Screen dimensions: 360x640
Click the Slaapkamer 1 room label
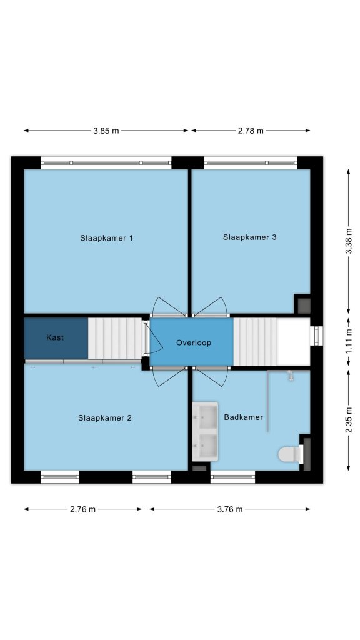106,238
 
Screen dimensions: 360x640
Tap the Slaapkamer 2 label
105,418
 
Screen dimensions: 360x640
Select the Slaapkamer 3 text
250,237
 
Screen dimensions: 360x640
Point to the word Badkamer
244,417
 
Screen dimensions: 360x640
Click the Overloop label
194,343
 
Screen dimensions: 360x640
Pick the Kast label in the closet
55,337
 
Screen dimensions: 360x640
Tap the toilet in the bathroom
291,454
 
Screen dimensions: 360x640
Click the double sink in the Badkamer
205,431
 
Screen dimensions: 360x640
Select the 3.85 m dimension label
106,131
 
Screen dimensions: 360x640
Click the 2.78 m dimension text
251,131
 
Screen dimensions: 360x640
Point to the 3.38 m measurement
349,241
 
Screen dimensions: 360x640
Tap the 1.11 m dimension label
349,342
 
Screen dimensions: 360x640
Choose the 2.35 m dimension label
349,421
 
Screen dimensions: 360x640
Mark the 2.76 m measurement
83,509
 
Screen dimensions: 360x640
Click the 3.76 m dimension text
230,509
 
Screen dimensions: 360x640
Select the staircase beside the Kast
116,338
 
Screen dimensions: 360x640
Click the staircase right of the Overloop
256,342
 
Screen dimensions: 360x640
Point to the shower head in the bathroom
291,375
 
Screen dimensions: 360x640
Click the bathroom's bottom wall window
232,477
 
